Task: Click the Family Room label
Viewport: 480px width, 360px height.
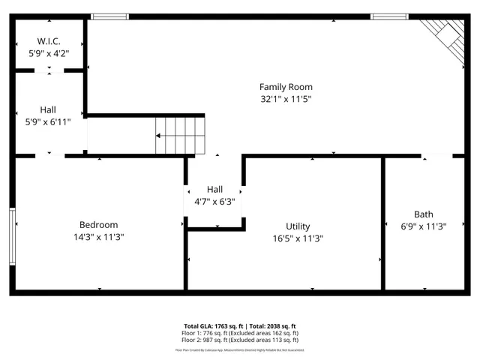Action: coord(286,87)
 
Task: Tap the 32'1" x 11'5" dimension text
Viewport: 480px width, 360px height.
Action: coord(286,98)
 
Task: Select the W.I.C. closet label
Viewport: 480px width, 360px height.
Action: coord(49,41)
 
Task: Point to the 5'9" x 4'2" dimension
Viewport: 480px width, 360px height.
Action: coord(49,53)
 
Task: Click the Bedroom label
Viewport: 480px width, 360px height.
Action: coord(98,225)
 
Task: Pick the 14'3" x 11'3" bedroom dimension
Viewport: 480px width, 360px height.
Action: coord(98,237)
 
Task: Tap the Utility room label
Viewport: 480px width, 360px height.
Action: coord(298,226)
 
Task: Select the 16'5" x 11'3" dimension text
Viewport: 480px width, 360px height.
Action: coord(298,238)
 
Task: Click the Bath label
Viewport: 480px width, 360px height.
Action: coord(424,214)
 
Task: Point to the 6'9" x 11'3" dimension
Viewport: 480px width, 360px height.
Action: coord(424,226)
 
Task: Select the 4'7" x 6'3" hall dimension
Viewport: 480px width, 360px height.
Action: coord(215,201)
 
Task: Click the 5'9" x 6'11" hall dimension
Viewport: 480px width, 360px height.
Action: coord(48,121)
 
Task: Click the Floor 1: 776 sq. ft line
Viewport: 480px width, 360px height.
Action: coord(240,333)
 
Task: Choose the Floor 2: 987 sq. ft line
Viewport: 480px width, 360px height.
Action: coord(240,340)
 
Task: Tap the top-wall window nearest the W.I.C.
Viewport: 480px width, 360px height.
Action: coord(109,16)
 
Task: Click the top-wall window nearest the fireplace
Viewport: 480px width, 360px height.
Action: coord(390,16)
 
